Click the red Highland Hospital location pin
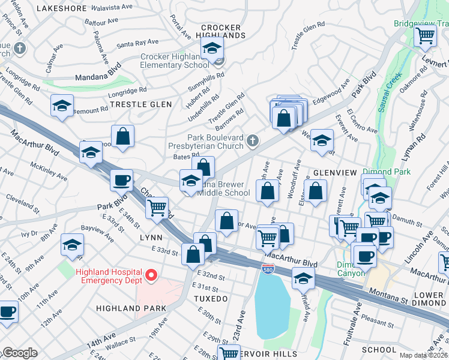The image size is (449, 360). click(151, 275)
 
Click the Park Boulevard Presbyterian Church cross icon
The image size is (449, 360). click(253, 142)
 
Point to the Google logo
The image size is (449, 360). click(19, 353)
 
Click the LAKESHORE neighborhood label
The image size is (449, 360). click(62, 8)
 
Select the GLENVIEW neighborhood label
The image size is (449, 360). click(334, 172)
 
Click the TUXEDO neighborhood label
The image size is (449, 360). click(211, 298)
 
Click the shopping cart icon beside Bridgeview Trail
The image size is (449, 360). click(425, 37)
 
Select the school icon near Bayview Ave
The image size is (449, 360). click(72, 245)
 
